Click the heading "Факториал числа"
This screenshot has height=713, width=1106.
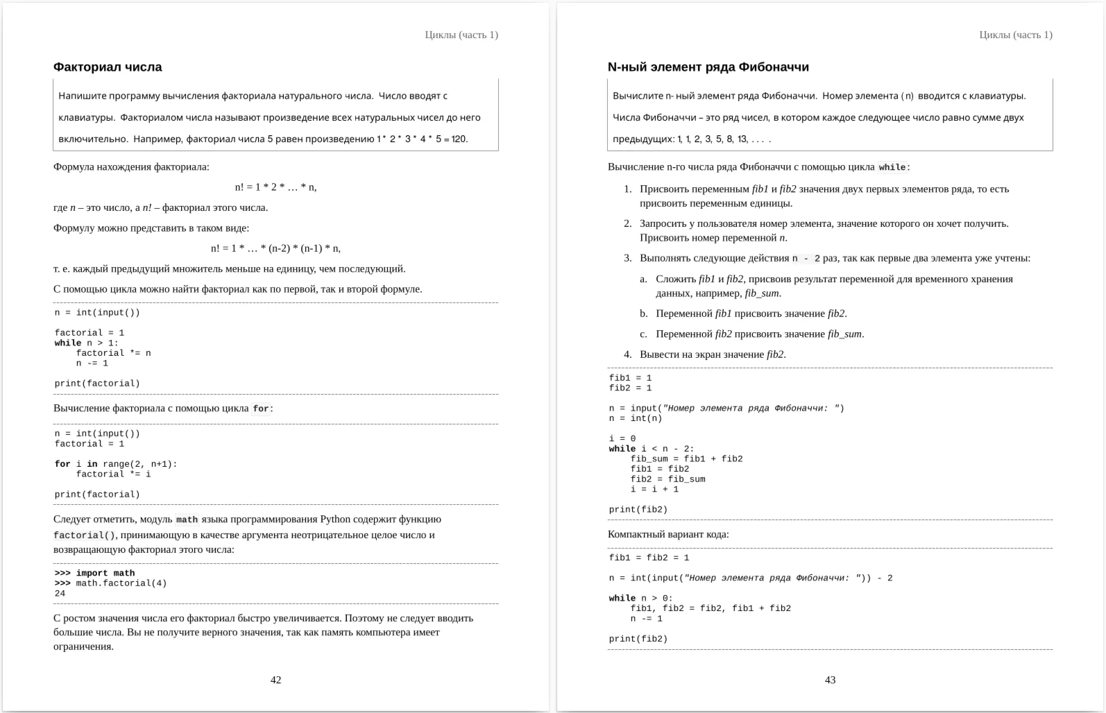pos(108,67)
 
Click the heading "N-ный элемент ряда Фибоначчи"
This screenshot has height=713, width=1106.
pos(708,67)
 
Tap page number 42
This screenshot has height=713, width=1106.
pos(275,680)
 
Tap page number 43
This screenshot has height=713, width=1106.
pos(830,680)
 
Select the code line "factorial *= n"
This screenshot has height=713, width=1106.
pos(113,353)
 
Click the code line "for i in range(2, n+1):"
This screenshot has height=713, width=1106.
pos(116,464)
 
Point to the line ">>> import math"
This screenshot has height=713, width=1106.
pos(95,573)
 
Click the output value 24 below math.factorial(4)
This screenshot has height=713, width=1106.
pos(60,594)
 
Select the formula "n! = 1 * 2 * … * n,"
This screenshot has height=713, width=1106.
pos(275,187)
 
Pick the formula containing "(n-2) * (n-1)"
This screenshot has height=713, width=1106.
pos(275,248)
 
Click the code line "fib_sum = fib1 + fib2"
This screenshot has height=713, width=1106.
pos(686,459)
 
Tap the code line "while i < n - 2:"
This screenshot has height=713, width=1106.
pos(651,449)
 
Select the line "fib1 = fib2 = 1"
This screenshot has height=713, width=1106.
pos(649,558)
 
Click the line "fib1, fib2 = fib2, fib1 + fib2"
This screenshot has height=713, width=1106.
pos(711,608)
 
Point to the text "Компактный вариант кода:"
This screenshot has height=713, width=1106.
pos(668,534)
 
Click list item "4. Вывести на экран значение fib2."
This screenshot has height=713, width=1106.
pos(712,354)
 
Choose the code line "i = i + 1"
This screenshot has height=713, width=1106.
pos(654,490)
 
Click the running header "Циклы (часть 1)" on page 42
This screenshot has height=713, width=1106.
pos(461,35)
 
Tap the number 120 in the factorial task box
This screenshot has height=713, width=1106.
pos(459,139)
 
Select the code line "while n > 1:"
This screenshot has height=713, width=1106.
pos(87,343)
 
